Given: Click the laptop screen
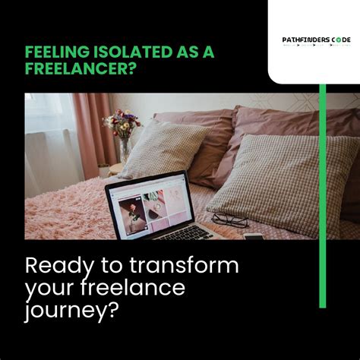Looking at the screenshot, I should coord(147,204).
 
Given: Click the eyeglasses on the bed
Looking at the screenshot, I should coord(229,219).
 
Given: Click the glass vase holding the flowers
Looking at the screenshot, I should coord(124,149).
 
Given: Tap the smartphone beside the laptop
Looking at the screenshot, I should coord(254,236).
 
